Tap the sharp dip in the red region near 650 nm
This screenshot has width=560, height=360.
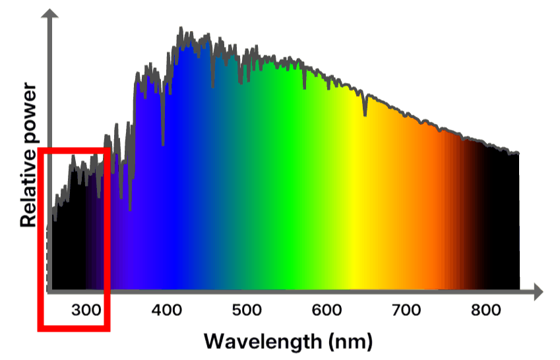point(365,114)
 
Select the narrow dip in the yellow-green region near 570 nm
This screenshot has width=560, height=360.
point(304,88)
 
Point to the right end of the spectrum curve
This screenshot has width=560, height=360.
point(518,154)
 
